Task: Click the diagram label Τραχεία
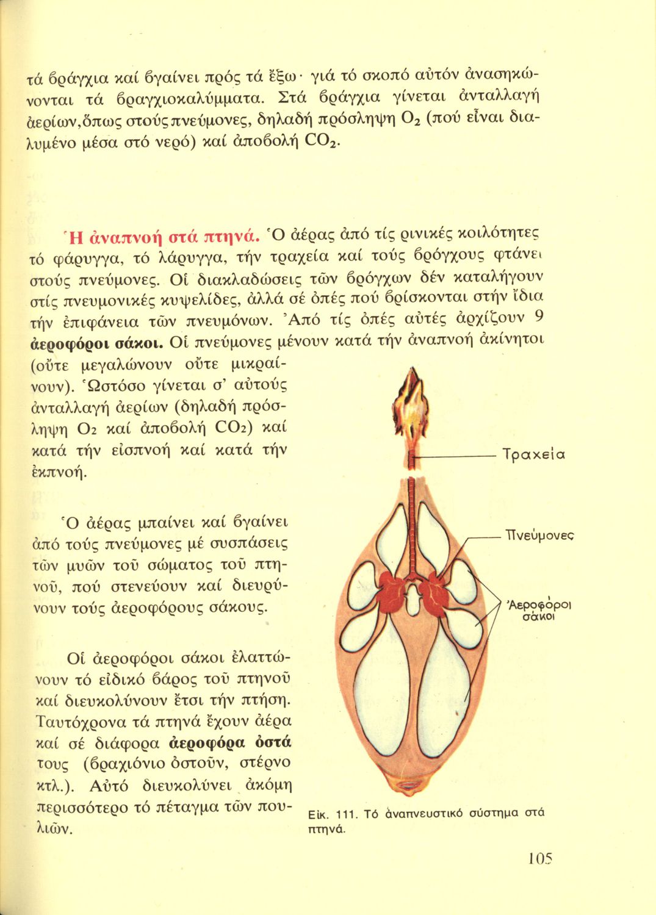tap(533, 454)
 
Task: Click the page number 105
tap(540, 859)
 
